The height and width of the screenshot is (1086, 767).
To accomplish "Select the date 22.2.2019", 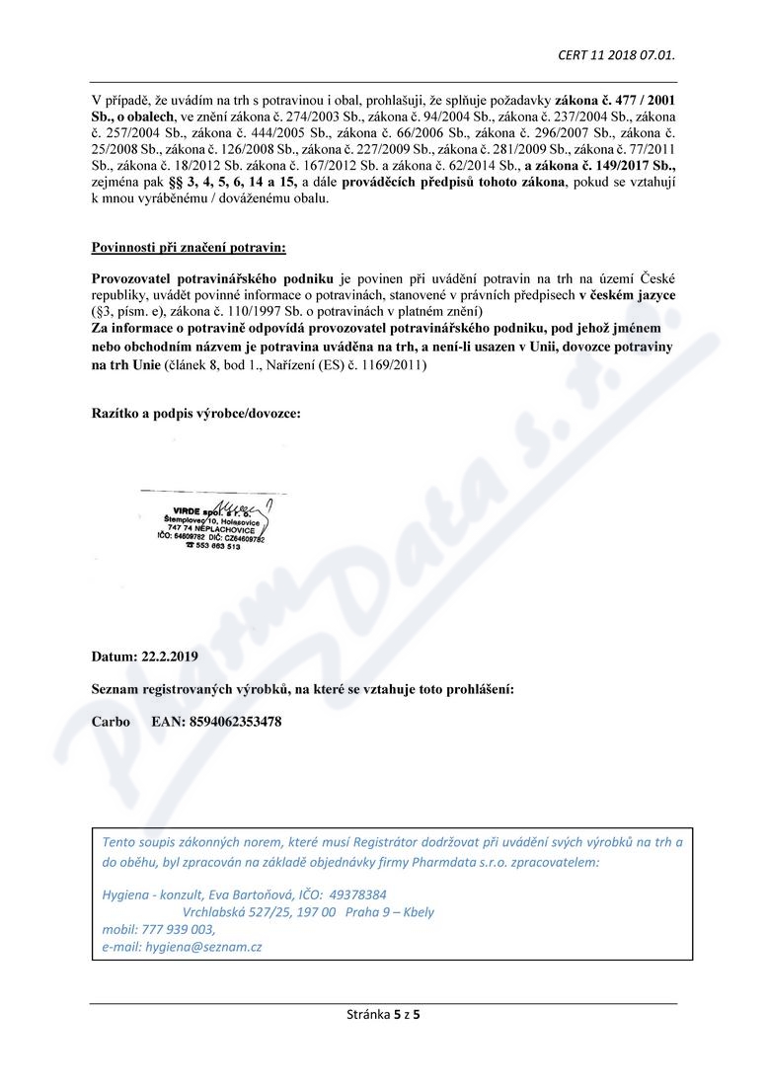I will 169,656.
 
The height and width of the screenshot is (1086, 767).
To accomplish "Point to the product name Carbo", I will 111,722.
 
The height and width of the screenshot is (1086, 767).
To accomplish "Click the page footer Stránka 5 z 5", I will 383,1014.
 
